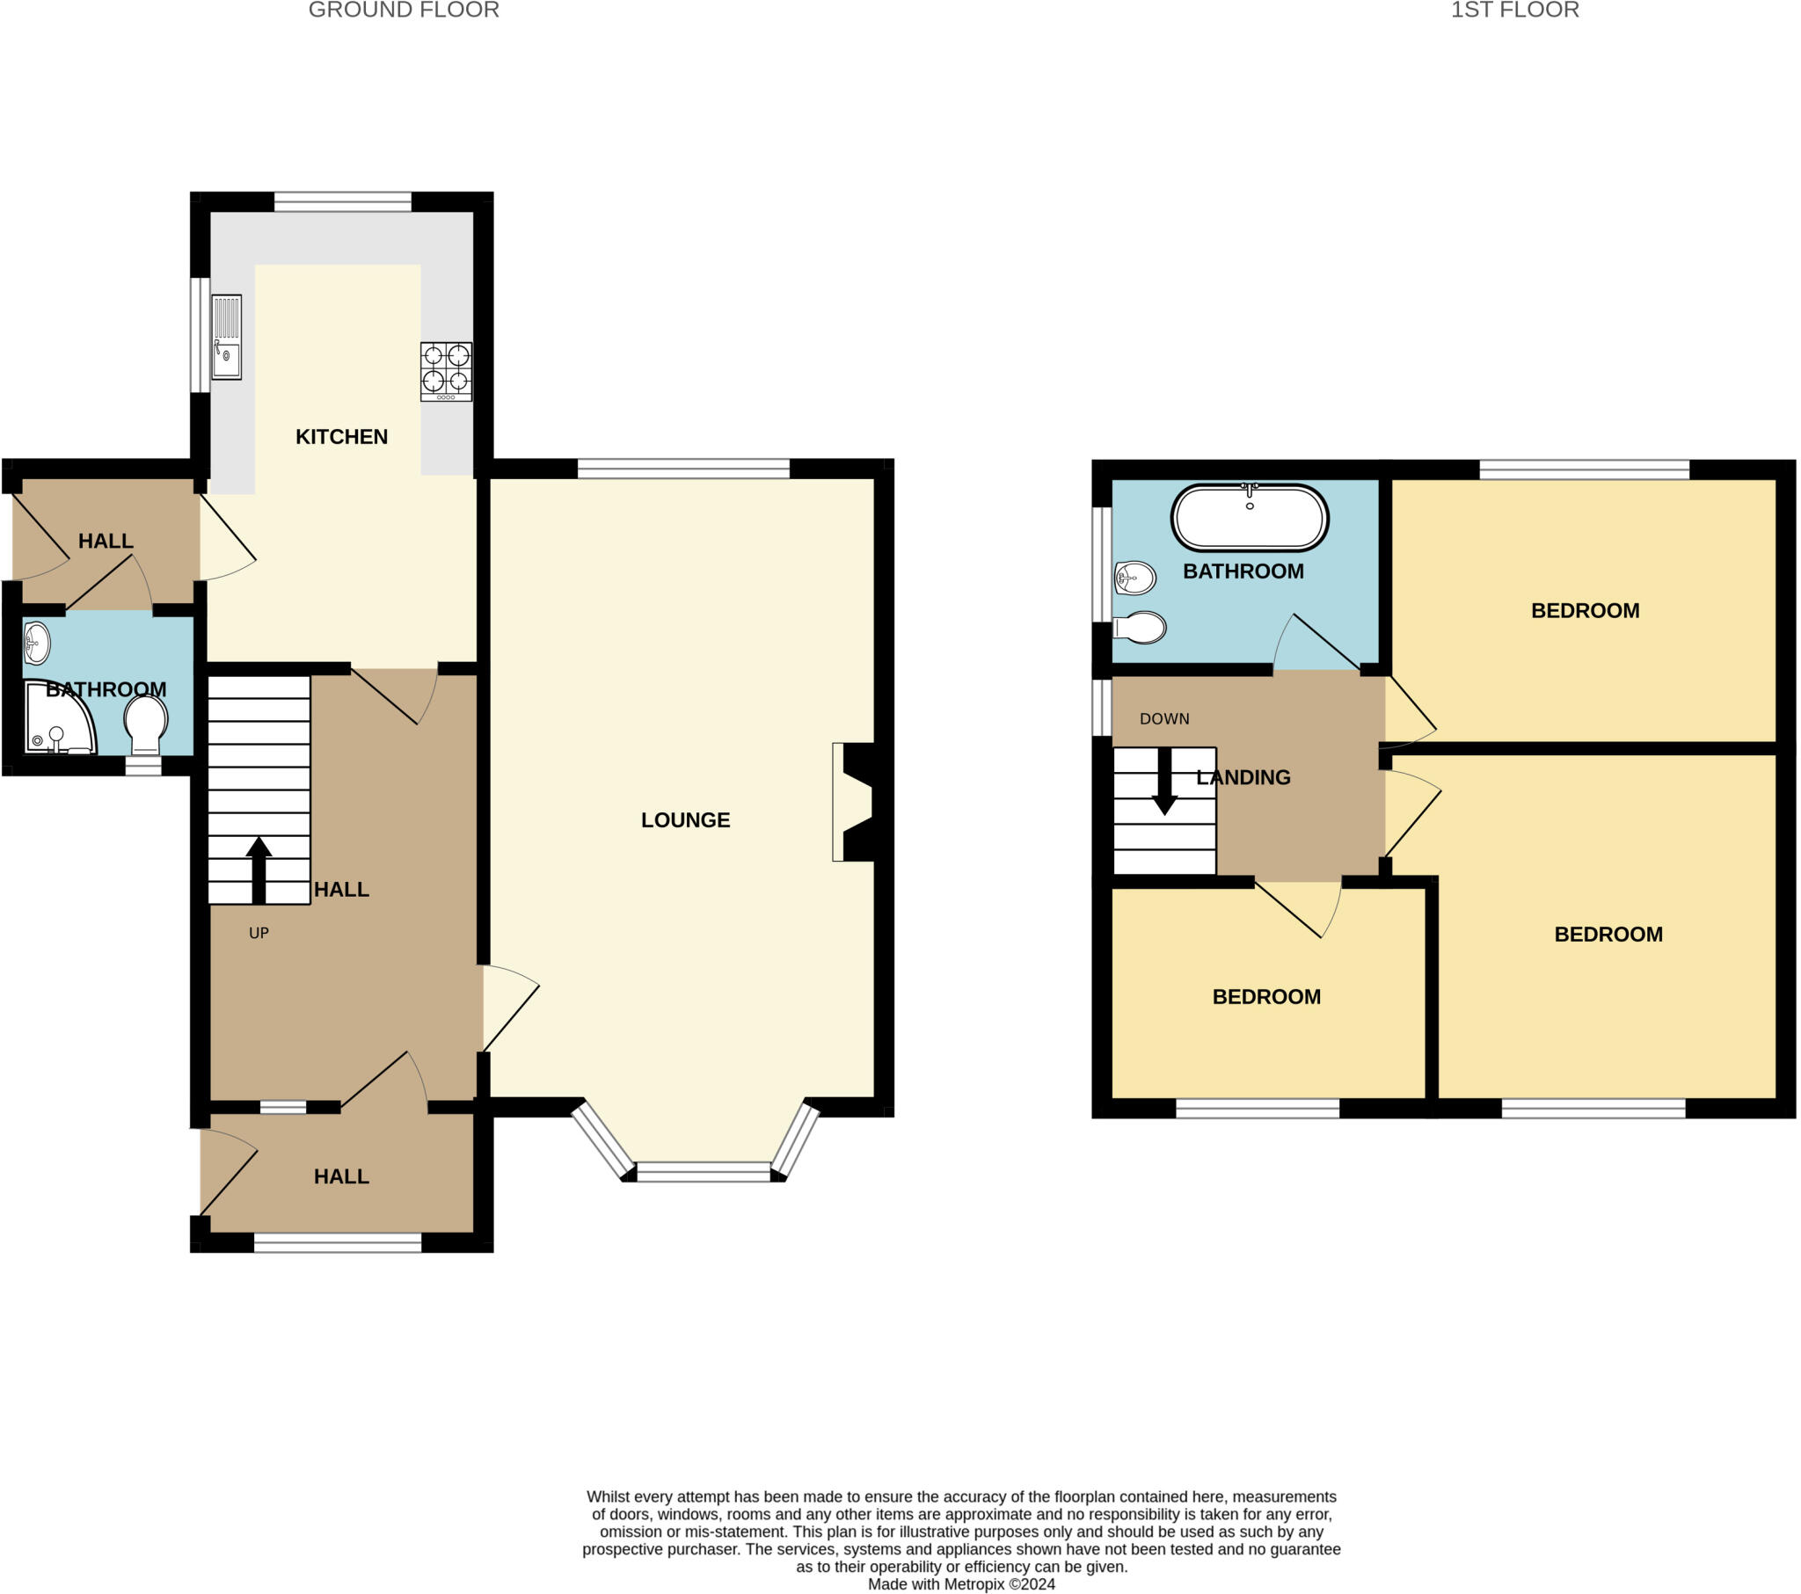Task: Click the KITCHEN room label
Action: point(341,437)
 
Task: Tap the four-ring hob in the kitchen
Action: point(446,371)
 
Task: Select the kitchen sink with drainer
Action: point(227,337)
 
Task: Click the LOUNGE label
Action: point(685,820)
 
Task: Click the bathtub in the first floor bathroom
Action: point(1249,518)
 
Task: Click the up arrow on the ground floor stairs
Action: point(259,869)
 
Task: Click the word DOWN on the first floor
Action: point(1164,719)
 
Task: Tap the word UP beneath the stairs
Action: point(259,933)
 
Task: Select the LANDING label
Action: point(1243,777)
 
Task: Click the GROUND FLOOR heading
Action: point(404,11)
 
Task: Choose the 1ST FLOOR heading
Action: point(1513,11)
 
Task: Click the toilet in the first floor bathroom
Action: point(1141,628)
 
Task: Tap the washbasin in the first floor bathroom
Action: point(1135,579)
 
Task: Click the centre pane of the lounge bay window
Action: point(704,1171)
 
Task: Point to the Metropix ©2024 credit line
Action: point(960,1583)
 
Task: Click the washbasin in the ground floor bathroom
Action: point(36,644)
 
